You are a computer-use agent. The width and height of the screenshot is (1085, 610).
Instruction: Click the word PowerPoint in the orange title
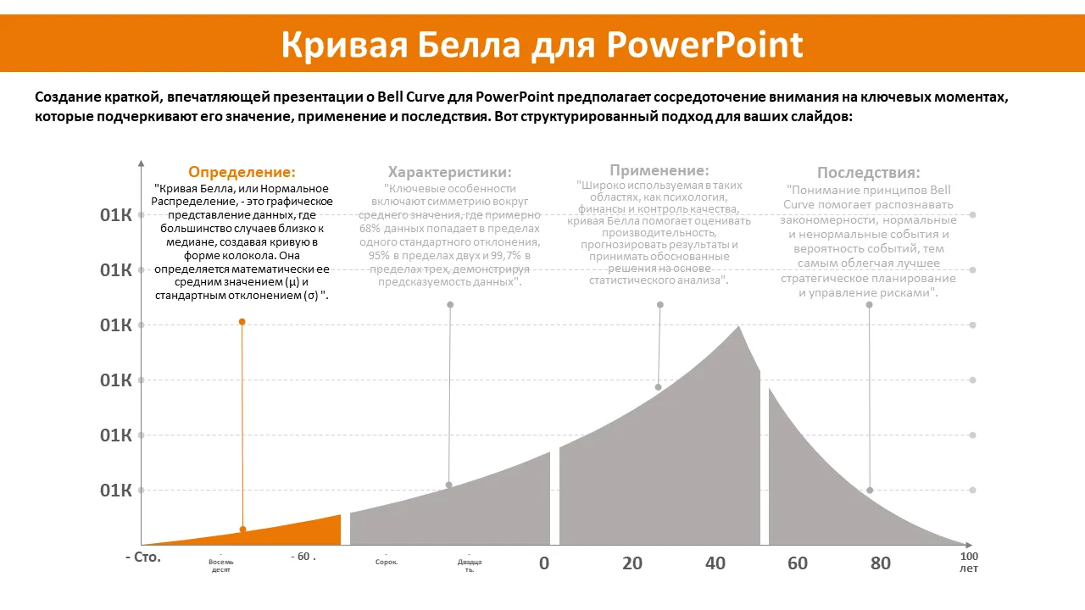tap(704, 44)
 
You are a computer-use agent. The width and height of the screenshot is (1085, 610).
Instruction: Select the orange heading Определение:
tap(242, 172)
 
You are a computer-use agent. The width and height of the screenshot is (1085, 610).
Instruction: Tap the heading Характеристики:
tap(449, 172)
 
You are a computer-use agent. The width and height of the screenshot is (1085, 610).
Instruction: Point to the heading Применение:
tap(659, 170)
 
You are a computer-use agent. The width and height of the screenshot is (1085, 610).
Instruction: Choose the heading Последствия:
tap(868, 173)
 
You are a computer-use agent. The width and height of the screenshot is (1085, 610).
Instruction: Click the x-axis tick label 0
tap(544, 563)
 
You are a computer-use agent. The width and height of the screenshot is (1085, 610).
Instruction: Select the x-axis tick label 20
tap(632, 563)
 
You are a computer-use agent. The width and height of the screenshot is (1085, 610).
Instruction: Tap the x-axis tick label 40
tap(715, 563)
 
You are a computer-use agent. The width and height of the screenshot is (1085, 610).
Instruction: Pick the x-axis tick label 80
tap(881, 563)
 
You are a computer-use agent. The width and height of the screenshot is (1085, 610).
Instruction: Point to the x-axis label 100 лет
tap(968, 563)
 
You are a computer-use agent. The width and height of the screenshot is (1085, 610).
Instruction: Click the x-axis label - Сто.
tap(142, 557)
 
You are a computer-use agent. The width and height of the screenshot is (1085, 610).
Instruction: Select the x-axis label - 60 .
tap(303, 557)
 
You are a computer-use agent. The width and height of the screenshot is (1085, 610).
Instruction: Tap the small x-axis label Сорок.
tap(386, 562)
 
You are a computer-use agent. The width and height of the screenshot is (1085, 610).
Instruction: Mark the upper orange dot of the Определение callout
tap(242, 322)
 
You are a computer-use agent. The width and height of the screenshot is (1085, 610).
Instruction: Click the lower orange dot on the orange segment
tap(242, 530)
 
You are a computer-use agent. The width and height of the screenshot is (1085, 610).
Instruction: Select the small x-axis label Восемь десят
tap(220, 566)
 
